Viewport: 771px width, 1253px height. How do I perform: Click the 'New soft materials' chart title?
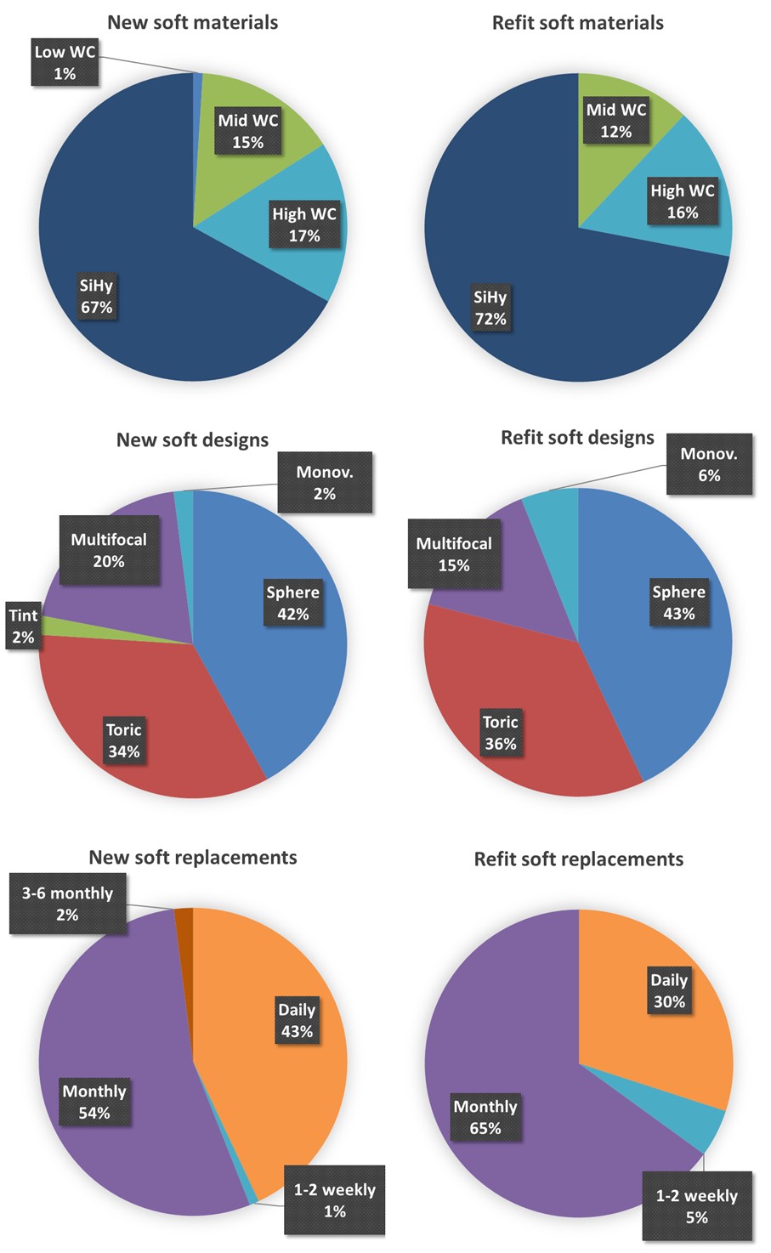pos(192,22)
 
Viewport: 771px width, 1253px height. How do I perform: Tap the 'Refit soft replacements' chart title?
pos(578,859)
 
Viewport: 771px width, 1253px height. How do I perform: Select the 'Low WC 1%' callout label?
pos(65,63)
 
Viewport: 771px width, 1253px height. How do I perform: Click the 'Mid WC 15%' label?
pos(247,131)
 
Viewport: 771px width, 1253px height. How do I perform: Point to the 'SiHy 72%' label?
pos(490,308)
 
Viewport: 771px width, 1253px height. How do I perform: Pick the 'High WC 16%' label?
pos(682,201)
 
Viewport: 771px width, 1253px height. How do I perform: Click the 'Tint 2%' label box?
pos(23,626)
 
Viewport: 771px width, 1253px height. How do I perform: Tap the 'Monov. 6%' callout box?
pos(708,465)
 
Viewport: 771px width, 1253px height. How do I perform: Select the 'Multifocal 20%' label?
pos(109,550)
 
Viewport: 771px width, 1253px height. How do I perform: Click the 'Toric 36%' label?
pos(500,733)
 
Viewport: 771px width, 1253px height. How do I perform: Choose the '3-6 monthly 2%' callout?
pos(67,904)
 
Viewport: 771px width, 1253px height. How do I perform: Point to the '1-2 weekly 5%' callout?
pos(696,1206)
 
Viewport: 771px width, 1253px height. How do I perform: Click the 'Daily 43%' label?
pos(297,1020)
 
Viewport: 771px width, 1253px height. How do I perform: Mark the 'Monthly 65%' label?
pos(485,1117)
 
